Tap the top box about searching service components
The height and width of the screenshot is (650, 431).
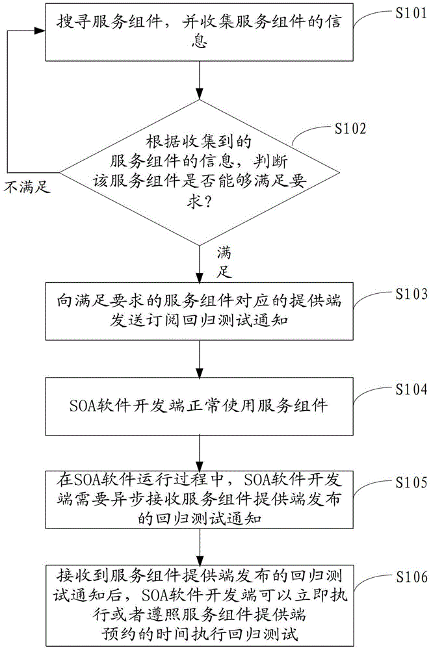click(x=200, y=30)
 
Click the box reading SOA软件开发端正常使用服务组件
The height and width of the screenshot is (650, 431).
click(x=200, y=407)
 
